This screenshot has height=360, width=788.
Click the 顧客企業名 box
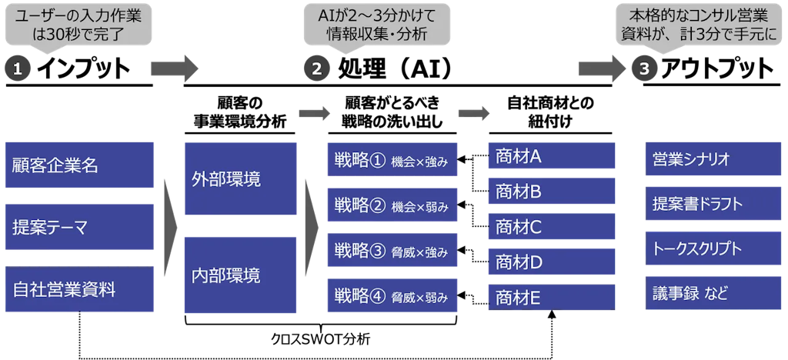click(x=80, y=165)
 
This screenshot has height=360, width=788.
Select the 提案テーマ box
click(x=80, y=227)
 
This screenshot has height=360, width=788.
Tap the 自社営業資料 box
click(x=80, y=289)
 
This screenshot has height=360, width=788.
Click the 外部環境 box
click(x=240, y=178)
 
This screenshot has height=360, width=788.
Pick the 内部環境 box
click(x=240, y=275)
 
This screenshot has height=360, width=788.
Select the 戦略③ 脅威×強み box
click(x=392, y=251)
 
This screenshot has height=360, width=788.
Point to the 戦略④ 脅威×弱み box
click(x=392, y=296)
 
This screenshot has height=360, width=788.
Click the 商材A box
click(x=551, y=155)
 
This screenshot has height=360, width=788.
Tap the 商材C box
click(x=551, y=226)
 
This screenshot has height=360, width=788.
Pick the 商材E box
click(x=551, y=297)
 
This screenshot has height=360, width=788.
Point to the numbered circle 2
click(x=316, y=68)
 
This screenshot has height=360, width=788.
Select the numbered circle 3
click(x=644, y=68)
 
